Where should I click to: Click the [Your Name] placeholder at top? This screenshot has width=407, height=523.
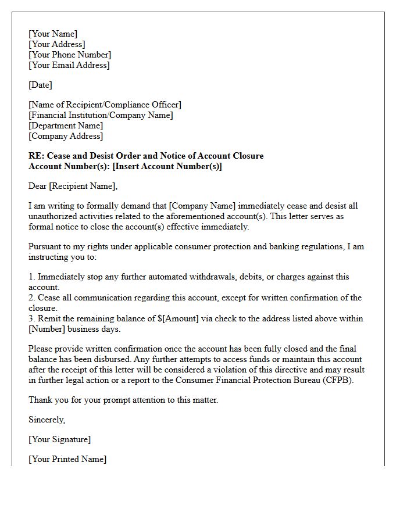(x=53, y=34)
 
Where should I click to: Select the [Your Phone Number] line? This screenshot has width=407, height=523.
(x=70, y=55)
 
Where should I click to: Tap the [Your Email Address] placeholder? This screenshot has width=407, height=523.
(x=69, y=65)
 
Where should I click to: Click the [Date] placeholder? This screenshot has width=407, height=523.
(x=40, y=85)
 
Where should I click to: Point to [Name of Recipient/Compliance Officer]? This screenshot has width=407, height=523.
(x=105, y=105)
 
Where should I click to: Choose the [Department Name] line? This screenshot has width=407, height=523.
(x=66, y=126)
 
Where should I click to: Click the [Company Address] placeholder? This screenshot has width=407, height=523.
(x=66, y=136)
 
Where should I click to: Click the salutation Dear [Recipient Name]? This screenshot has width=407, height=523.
(x=73, y=186)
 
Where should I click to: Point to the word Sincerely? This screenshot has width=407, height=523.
(x=47, y=420)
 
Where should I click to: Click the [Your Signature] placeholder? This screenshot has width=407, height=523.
(x=59, y=439)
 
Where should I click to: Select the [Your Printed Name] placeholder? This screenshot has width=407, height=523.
(x=67, y=459)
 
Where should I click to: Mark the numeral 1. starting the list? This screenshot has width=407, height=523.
(x=32, y=277)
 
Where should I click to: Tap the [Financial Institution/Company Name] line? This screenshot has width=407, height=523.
(x=101, y=115)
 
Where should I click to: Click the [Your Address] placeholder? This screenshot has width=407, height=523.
(x=56, y=44)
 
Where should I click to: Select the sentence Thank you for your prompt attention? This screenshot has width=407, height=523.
(x=123, y=400)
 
